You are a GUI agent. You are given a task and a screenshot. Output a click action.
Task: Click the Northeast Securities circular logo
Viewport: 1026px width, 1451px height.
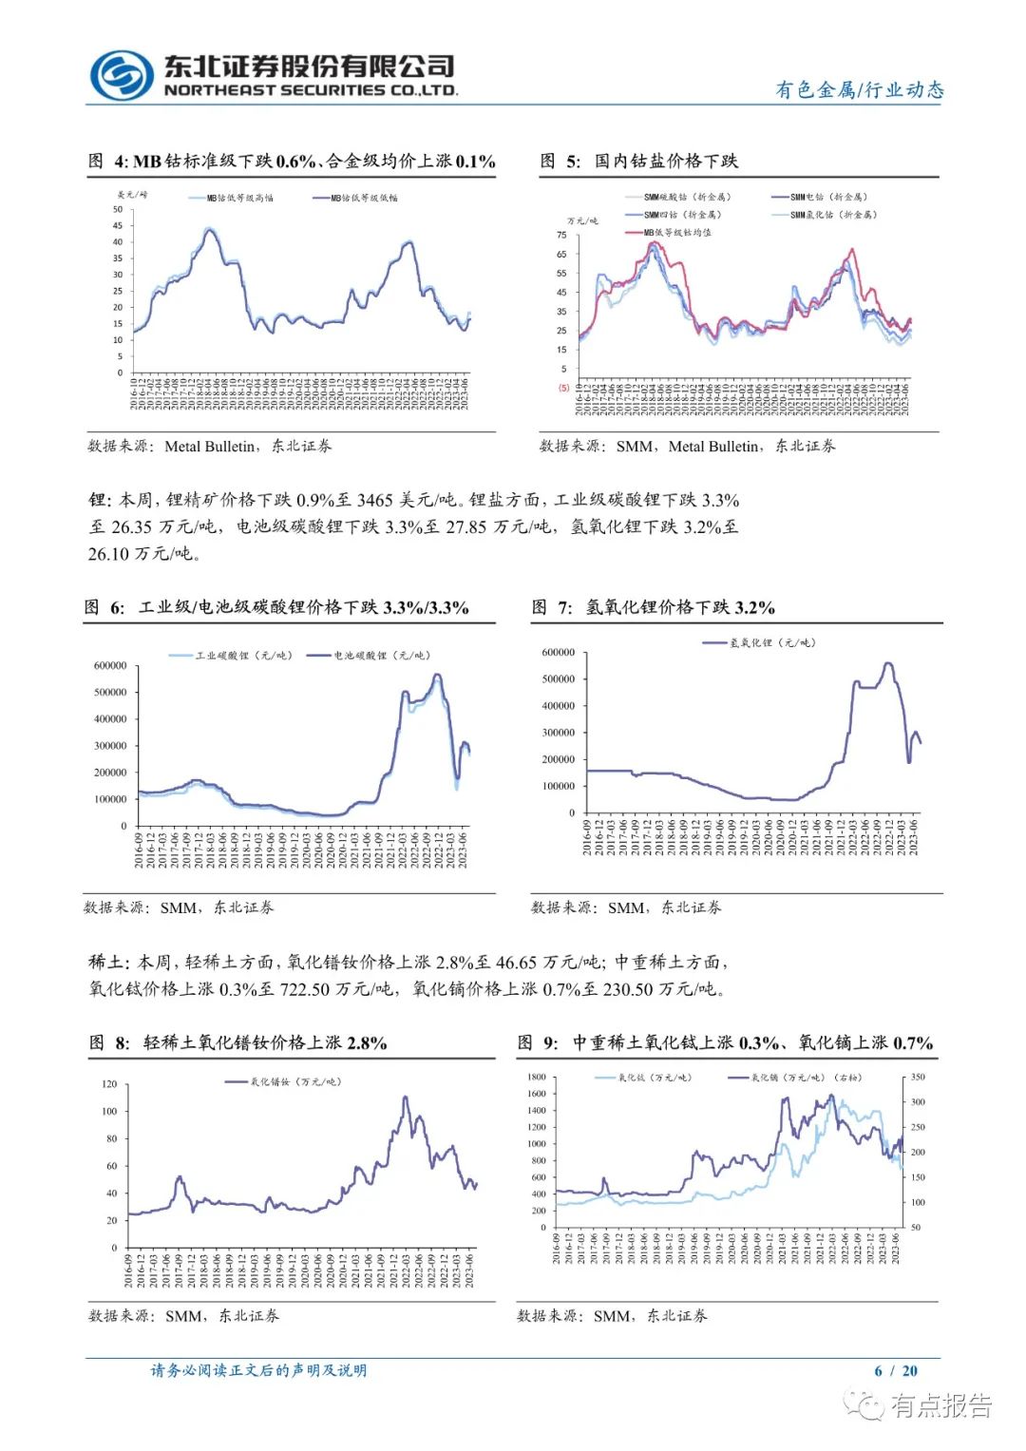pos(122,75)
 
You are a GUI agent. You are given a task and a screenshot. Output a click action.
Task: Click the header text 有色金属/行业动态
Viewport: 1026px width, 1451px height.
pos(860,90)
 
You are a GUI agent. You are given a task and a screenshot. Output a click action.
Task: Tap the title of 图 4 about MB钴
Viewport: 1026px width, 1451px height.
pos(292,162)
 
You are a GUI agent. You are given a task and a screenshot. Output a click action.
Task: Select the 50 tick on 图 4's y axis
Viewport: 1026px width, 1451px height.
pos(118,210)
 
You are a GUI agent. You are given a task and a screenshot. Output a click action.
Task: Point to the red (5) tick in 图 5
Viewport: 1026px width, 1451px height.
pos(563,388)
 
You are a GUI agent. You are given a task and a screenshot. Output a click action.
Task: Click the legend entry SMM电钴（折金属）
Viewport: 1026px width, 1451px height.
pos(828,198)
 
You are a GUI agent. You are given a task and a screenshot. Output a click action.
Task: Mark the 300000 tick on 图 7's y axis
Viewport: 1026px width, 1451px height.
pos(559,733)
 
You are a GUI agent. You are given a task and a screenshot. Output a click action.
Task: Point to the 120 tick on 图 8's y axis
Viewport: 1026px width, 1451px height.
pos(109,1084)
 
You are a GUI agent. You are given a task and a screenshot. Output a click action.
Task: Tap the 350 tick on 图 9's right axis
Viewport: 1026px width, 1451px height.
pos(918,1078)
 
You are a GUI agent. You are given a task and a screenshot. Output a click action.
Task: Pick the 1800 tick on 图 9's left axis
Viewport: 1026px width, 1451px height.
pos(537,1078)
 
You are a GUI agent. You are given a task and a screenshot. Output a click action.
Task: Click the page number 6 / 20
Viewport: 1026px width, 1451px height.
pos(896,1370)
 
